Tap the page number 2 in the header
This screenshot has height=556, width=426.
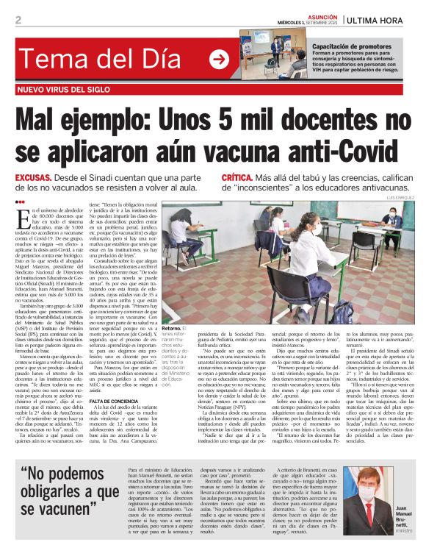18,20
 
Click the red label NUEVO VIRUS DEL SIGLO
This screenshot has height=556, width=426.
68,90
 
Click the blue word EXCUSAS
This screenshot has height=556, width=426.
32,179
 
